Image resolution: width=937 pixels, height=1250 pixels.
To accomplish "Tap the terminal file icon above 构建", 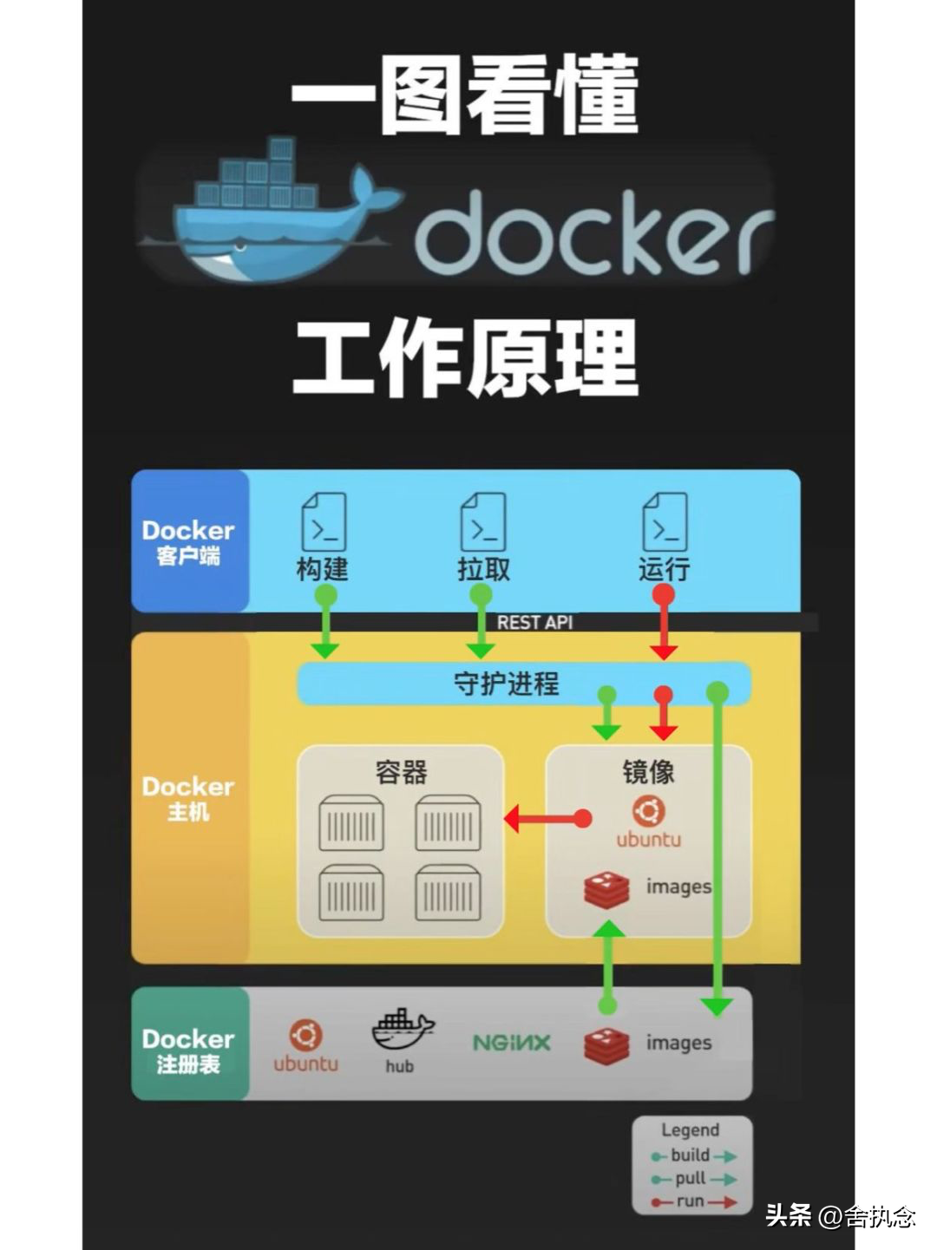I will (x=324, y=521).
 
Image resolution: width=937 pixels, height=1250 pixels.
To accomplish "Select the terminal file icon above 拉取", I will (x=483, y=521).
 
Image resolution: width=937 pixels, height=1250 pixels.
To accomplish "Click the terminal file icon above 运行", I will (x=665, y=521).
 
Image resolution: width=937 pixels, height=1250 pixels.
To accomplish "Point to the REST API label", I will (x=534, y=622).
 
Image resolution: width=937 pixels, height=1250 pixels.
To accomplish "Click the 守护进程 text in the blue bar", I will (x=507, y=684).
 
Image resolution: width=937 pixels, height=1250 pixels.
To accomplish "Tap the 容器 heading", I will (x=401, y=771).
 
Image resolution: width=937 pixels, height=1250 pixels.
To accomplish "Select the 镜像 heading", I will (x=648, y=771).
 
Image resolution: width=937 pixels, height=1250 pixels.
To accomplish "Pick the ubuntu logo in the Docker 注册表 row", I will (x=305, y=1045).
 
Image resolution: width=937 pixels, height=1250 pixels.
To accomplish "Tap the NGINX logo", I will (x=511, y=1043).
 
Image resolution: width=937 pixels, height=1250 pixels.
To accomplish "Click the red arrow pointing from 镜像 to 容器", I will (x=547, y=818).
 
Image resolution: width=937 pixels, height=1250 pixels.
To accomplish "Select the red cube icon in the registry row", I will (x=606, y=1045).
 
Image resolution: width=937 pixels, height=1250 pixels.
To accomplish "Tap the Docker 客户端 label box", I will (x=189, y=541).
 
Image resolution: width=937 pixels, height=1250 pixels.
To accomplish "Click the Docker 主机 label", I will (x=189, y=797).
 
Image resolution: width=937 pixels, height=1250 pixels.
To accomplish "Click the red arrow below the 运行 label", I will (x=664, y=625).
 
